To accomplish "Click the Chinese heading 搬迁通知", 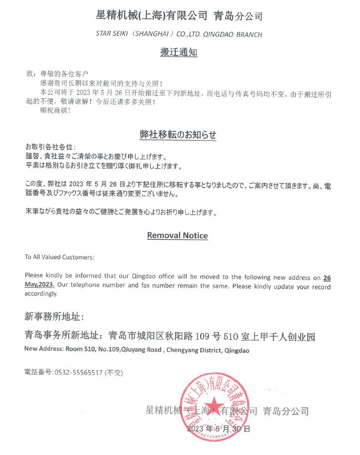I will (178, 52).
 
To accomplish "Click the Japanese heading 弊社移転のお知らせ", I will (178, 135).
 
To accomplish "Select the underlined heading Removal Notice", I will (177, 235).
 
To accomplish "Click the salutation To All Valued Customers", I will (59, 257).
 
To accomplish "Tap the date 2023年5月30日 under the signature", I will (218, 428).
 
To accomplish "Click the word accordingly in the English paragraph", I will (41, 294).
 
